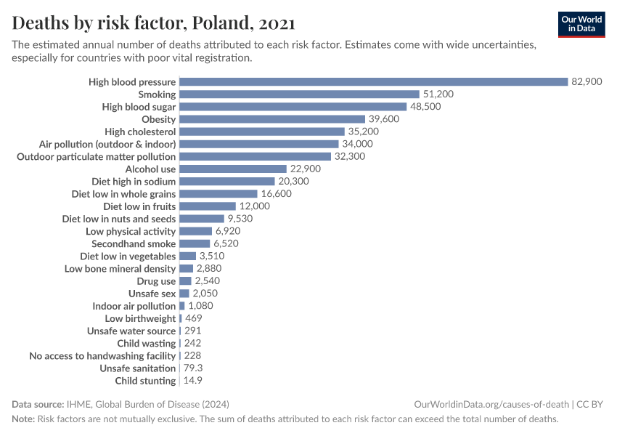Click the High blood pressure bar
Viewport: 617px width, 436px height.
click(x=373, y=82)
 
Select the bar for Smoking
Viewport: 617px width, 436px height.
click(x=299, y=94)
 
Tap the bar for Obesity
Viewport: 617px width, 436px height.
click(x=272, y=119)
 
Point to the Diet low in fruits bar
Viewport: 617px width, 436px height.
click(x=208, y=206)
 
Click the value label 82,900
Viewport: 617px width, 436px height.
click(x=587, y=82)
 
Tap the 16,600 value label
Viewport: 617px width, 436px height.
click(x=276, y=194)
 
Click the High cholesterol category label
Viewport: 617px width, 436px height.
click(x=140, y=132)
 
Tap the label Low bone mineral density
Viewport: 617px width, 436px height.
click(x=120, y=268)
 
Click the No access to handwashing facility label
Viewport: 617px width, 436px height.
click(x=102, y=355)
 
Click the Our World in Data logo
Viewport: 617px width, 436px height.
click(x=581, y=24)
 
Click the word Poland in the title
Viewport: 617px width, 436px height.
click(x=223, y=23)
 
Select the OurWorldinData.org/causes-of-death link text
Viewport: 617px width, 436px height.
click(x=491, y=404)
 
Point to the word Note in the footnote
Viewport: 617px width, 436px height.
click(x=23, y=419)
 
